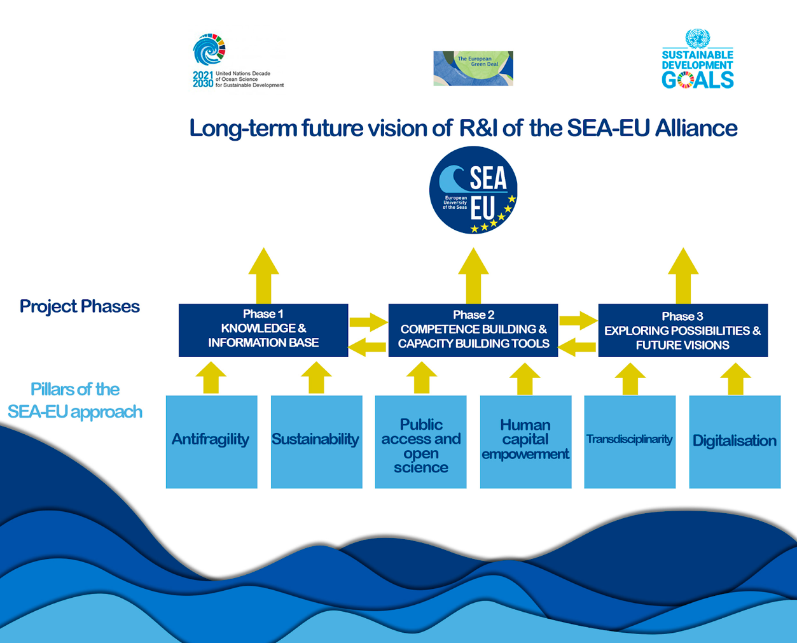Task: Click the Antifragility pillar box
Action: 211,442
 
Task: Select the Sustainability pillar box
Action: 316,442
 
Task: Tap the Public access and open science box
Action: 420,442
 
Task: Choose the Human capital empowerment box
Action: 525,442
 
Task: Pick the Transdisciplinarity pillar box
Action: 630,442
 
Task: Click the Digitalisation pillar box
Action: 735,442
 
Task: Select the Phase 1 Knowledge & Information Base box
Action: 263,330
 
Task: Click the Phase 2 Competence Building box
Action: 473,330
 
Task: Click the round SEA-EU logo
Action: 473,190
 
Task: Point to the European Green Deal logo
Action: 473,68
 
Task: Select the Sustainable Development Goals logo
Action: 698,60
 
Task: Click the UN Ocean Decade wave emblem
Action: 209,50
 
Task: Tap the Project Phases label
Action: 80,306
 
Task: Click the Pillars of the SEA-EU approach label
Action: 75,400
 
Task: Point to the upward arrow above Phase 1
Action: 264,275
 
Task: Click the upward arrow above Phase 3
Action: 683,275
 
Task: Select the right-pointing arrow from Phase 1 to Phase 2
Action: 368,321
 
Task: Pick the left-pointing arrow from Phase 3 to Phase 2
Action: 578,347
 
